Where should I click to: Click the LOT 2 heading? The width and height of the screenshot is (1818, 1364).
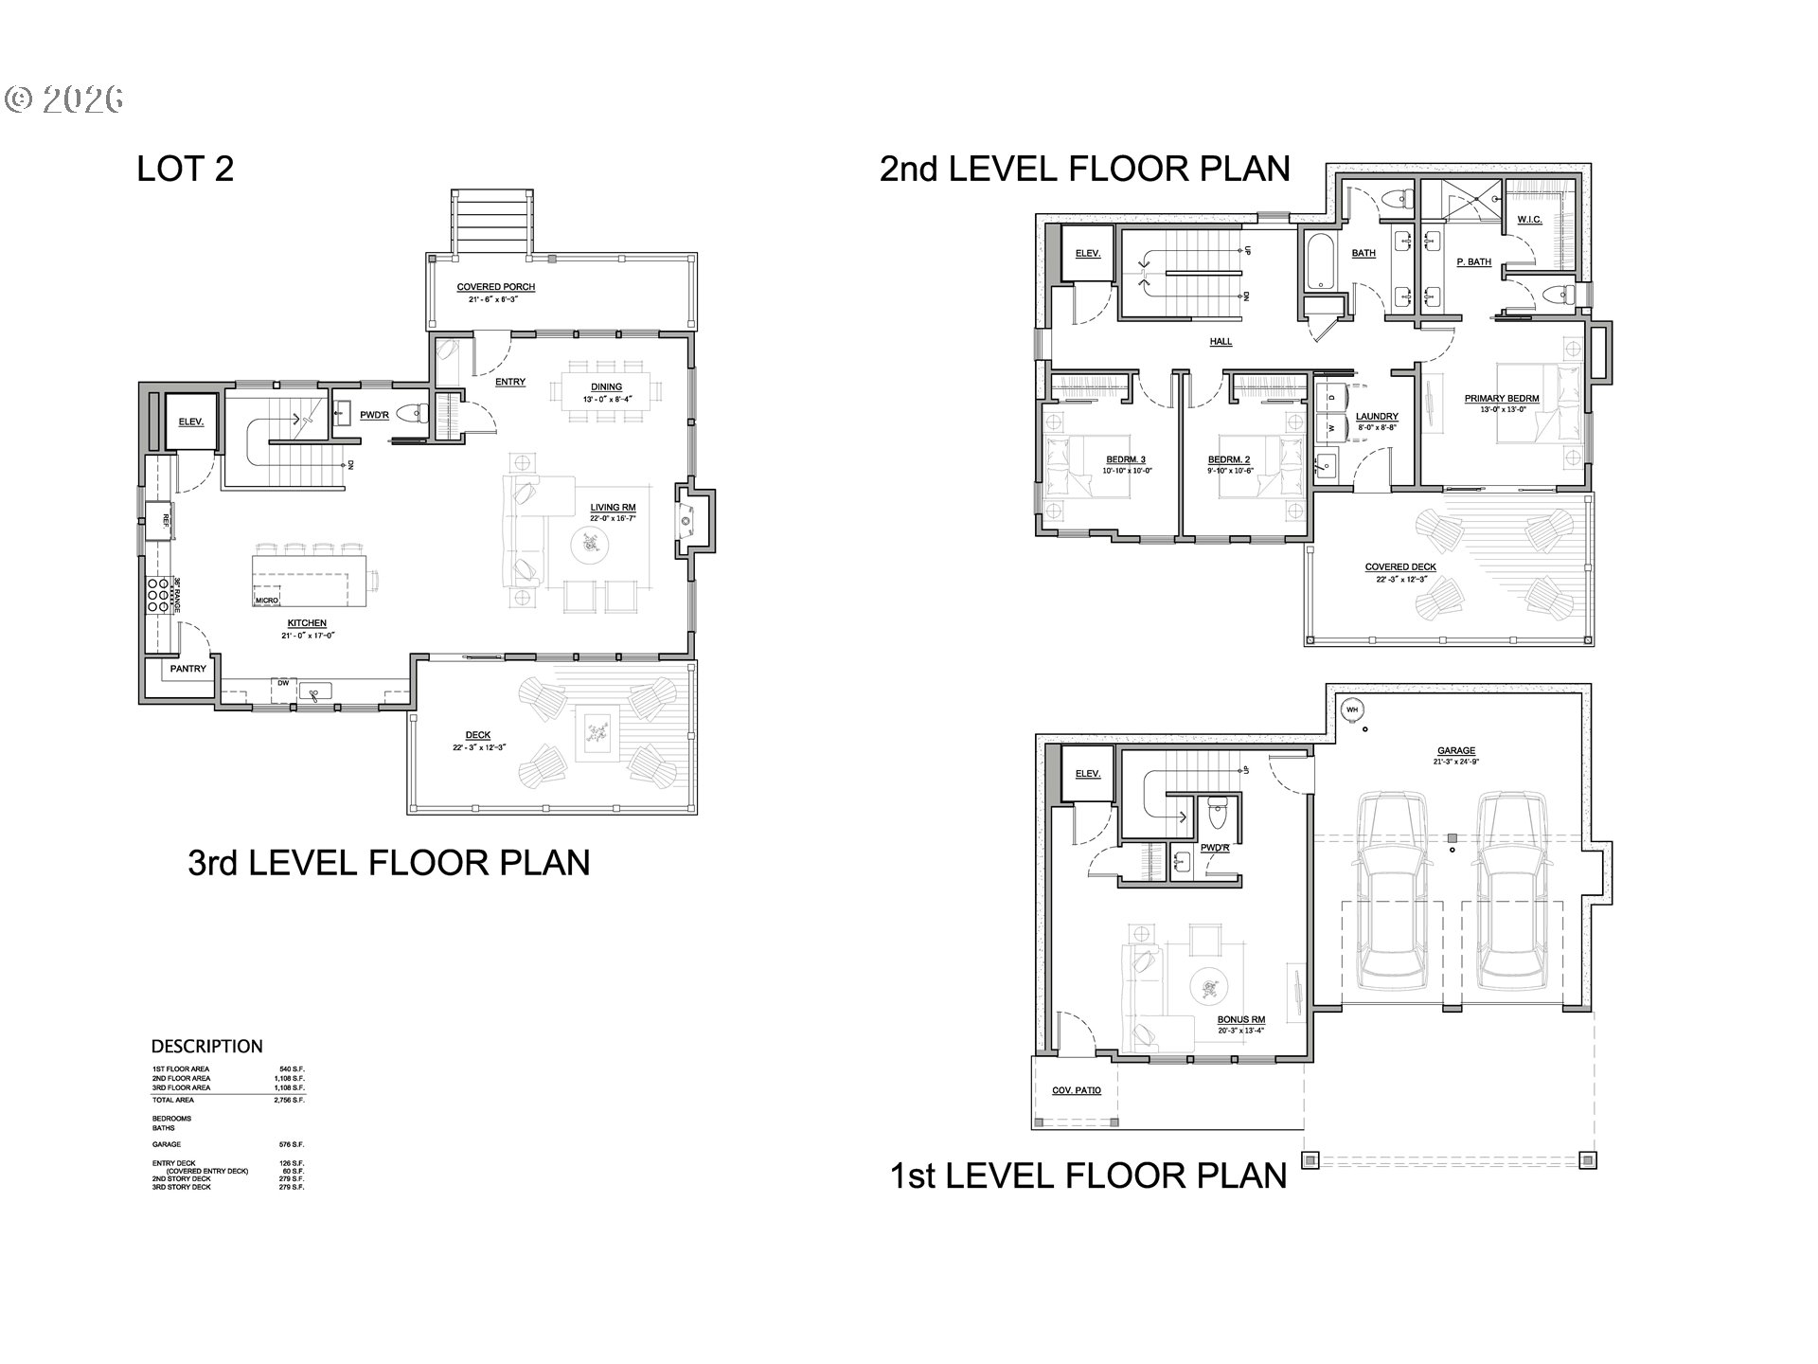point(185,169)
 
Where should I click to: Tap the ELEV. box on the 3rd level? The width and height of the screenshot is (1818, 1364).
point(191,422)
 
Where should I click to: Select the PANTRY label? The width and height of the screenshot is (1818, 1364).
point(187,669)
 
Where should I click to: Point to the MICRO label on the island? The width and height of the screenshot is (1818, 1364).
point(266,600)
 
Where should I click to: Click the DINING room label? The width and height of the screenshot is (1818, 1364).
point(606,386)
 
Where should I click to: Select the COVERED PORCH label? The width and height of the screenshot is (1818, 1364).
point(496,287)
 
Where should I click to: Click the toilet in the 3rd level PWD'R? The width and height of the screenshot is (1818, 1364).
point(413,414)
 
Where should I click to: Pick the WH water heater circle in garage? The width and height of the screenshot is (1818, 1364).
point(1352,709)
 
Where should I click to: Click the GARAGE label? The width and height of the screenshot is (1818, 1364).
point(1455,751)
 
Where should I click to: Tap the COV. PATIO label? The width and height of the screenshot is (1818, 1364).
point(1077,1090)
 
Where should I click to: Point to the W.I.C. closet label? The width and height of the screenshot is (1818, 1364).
point(1529,220)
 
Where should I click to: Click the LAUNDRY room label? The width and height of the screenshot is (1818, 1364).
point(1377,417)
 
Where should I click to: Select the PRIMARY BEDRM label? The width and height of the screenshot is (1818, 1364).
point(1502,399)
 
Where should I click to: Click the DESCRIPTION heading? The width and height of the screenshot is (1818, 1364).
point(206,1047)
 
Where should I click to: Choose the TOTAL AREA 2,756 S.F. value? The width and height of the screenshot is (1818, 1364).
point(290,1101)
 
